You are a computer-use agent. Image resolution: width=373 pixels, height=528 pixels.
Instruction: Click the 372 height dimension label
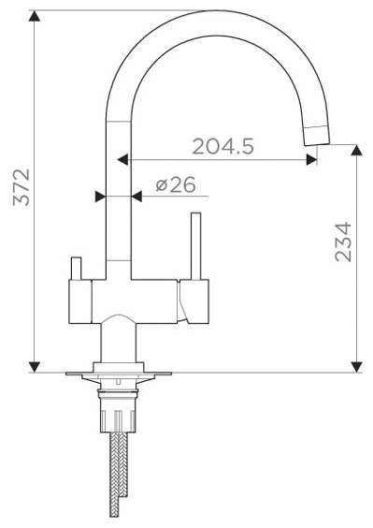pos(22,187)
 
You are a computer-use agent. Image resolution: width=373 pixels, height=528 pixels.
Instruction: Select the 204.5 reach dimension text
pos(223,146)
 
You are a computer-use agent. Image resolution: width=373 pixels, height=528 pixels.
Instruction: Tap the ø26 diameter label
pos(176,184)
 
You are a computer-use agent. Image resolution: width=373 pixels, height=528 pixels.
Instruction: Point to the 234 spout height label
pos(343,242)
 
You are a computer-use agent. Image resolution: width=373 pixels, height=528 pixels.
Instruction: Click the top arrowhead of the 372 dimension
pos(35,16)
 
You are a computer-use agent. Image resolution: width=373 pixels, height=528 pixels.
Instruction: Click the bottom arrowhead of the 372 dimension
pos(35,367)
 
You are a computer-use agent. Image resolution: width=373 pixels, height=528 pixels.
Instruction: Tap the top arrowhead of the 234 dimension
pos(356,150)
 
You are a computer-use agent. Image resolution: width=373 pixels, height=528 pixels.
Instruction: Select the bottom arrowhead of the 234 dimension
pos(356,367)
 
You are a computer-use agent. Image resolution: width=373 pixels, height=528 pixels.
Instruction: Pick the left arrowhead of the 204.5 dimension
pos(122,159)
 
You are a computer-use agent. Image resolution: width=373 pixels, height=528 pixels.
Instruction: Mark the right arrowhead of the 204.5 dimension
pos(312,159)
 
